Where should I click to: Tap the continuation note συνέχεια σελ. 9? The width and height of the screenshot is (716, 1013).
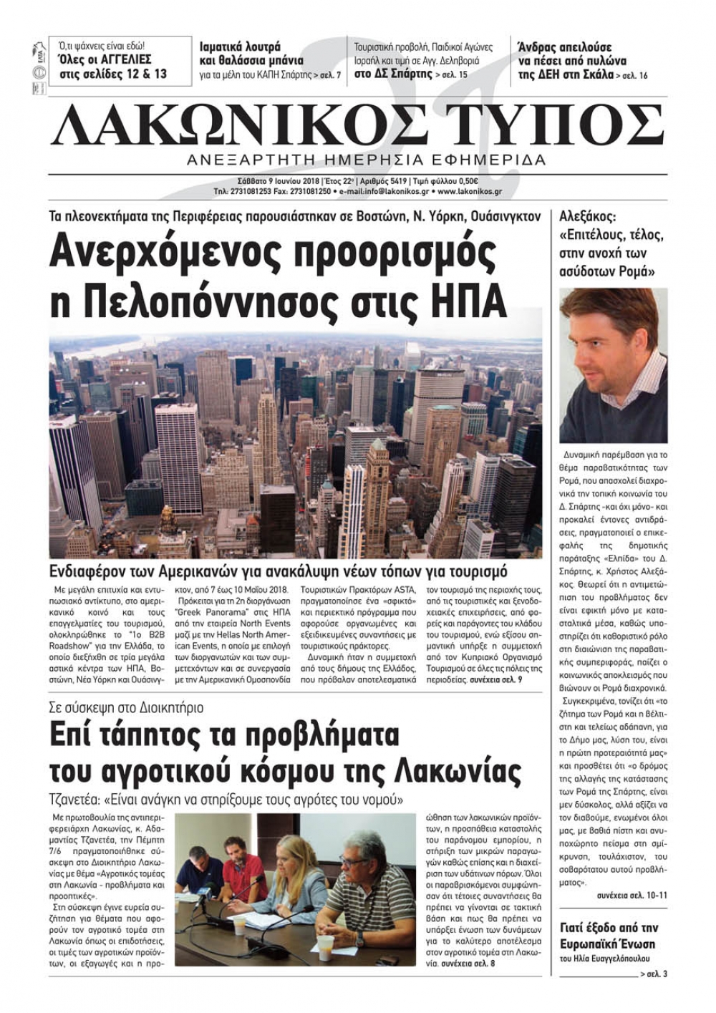click(x=495, y=678)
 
